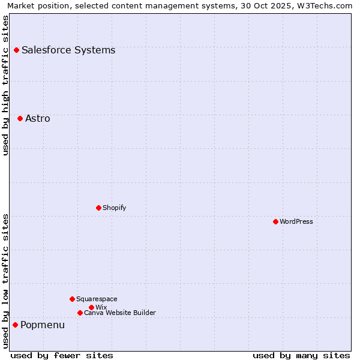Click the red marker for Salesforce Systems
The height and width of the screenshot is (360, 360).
[x=16, y=50]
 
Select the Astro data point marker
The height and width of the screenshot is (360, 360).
[x=20, y=118]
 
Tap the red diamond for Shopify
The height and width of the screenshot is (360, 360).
[x=98, y=208]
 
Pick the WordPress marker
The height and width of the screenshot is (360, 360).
[x=275, y=221]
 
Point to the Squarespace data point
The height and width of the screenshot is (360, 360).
[x=72, y=299]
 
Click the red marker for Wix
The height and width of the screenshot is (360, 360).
[x=91, y=307]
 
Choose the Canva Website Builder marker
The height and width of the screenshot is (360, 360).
[x=80, y=313]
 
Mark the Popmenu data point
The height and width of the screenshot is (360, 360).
[x=15, y=325]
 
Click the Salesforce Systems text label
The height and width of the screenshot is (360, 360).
[x=68, y=50]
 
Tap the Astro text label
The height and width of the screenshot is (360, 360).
[x=38, y=119]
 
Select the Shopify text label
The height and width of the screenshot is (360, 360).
[x=114, y=208]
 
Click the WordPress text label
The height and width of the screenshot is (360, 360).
[x=296, y=221]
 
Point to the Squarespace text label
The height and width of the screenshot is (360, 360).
[x=97, y=299]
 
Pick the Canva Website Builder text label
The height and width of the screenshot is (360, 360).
[x=119, y=313]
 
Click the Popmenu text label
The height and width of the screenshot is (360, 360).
[x=43, y=325]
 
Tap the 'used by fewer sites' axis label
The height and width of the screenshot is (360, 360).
[x=62, y=355]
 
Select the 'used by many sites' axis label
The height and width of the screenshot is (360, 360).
[x=301, y=355]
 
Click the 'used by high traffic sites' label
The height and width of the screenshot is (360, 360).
[x=6, y=85]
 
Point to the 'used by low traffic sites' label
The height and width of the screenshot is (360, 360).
[x=6, y=281]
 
